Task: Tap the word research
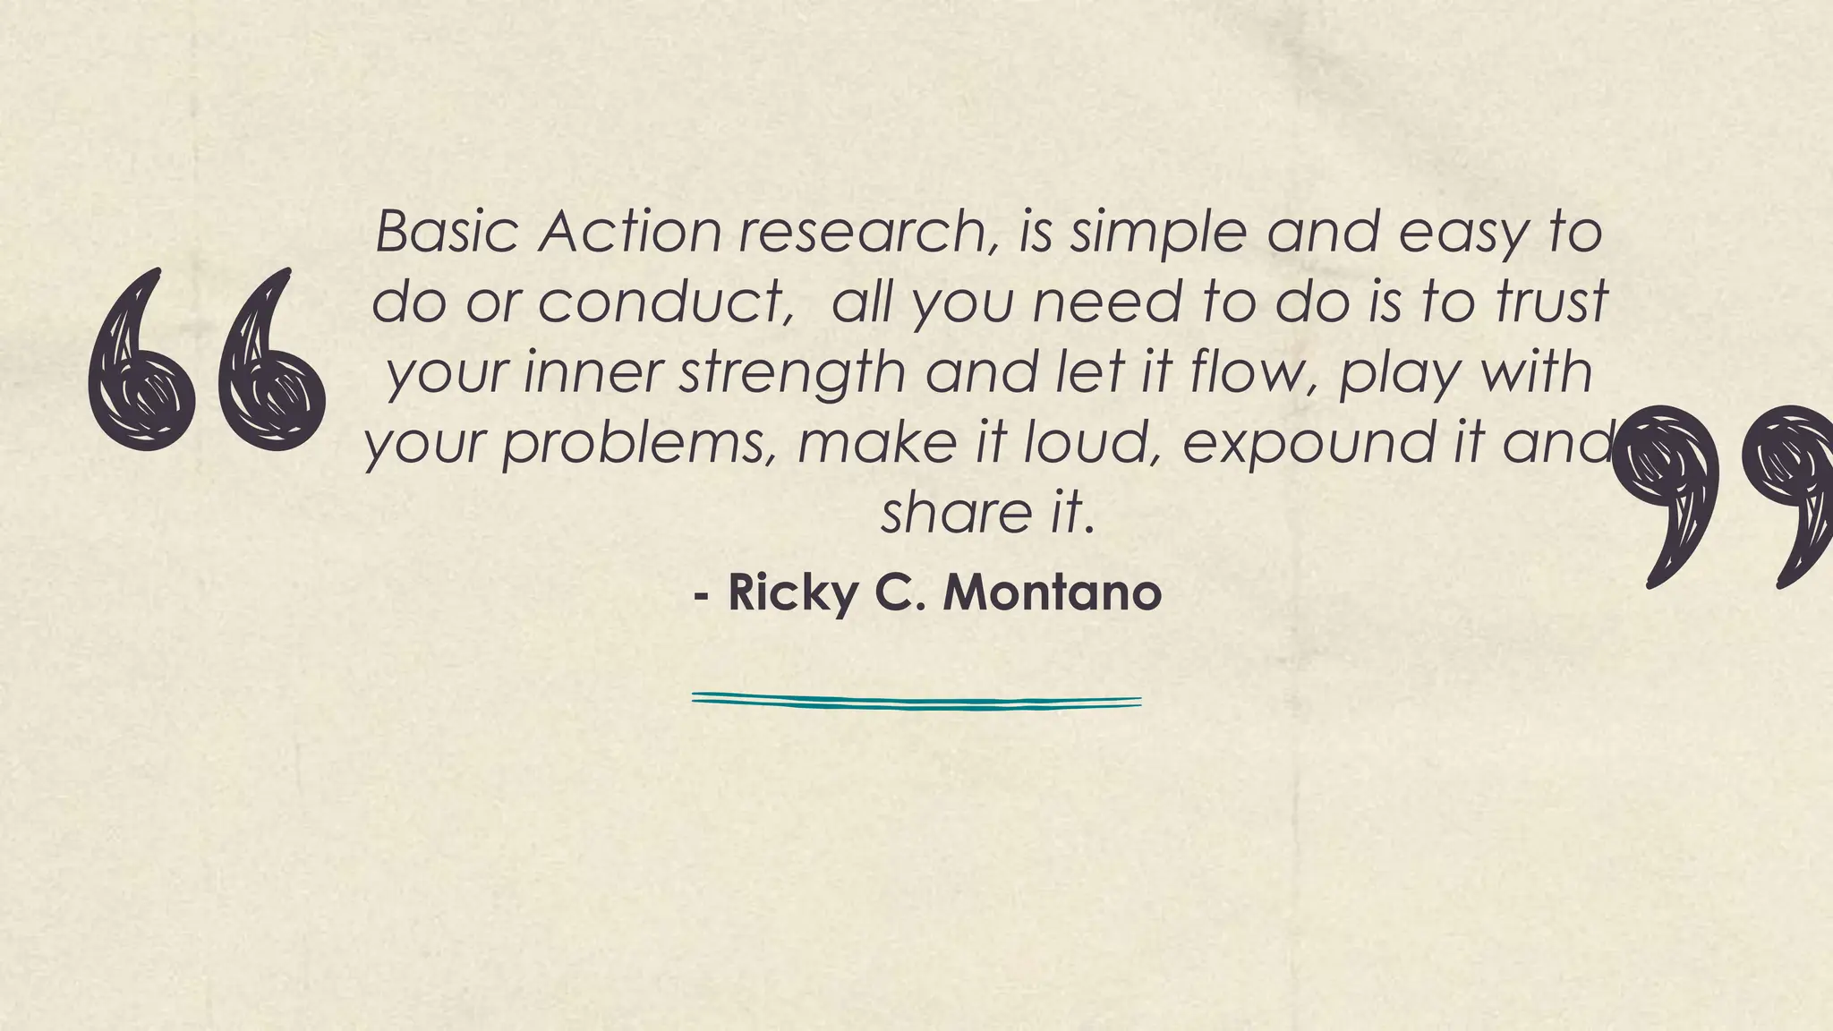tap(864, 232)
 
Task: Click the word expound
tap(1309, 446)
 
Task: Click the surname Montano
tap(1053, 592)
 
